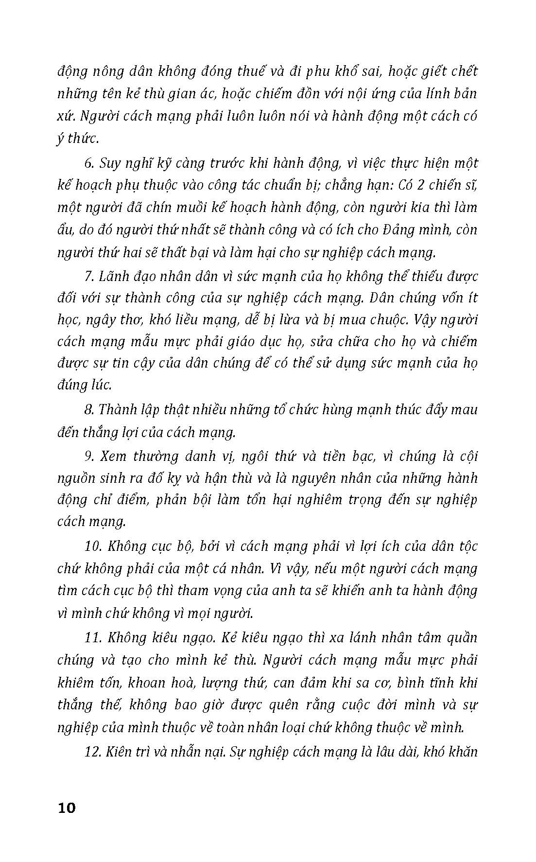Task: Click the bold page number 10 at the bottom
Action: (x=67, y=809)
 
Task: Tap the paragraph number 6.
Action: (x=88, y=163)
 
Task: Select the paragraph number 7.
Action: (x=88, y=277)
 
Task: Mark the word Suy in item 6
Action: (x=110, y=163)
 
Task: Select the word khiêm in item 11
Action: (x=75, y=683)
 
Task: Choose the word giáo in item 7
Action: (x=265, y=342)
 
